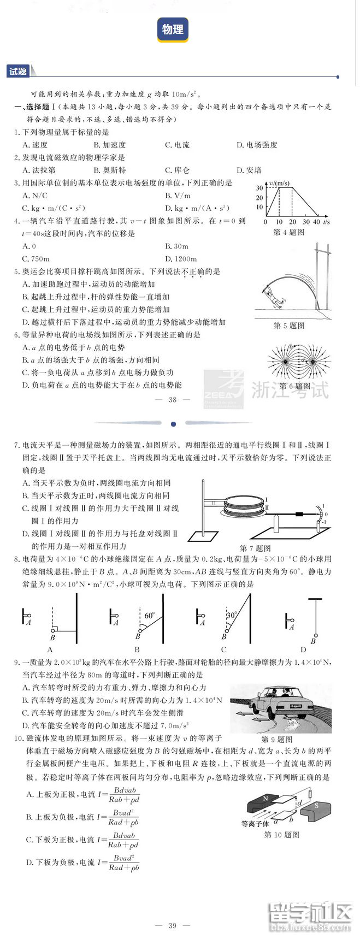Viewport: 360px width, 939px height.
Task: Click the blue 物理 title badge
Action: [x=173, y=29]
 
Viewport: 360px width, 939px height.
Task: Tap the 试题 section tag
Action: [x=17, y=72]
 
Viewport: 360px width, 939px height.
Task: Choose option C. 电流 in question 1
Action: [x=177, y=145]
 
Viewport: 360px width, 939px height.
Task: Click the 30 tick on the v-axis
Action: [x=259, y=188]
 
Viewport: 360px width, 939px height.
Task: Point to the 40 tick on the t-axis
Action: [x=316, y=222]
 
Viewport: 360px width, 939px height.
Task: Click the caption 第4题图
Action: [x=288, y=232]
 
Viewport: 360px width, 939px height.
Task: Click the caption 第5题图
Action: [x=288, y=326]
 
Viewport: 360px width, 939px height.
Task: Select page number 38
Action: [x=173, y=399]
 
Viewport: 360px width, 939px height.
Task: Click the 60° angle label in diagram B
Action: [x=149, y=615]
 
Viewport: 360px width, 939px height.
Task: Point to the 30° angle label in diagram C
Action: [x=231, y=615]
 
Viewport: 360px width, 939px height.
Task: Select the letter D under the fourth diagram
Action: [x=303, y=649]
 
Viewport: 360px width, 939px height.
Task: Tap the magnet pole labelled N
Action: [x=265, y=799]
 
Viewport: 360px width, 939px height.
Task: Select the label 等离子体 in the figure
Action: [x=255, y=824]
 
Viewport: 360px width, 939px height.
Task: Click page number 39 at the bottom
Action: [x=173, y=925]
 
